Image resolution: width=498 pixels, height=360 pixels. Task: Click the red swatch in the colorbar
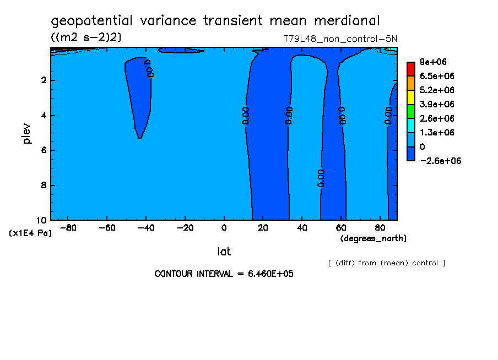click(410, 69)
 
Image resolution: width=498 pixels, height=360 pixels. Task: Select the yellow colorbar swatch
click(410, 97)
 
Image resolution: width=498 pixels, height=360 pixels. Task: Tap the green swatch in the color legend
click(410, 111)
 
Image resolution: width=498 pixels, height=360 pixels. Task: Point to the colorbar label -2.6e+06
click(440, 161)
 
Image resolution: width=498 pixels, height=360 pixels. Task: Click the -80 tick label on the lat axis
click(68, 228)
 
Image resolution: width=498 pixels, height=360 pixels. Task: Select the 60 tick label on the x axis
click(342, 228)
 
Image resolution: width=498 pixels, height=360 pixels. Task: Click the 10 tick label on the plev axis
click(42, 220)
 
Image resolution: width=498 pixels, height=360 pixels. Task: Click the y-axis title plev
click(27, 133)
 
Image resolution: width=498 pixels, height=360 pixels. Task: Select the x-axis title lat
click(224, 252)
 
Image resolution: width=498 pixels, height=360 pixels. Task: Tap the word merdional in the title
click(347, 21)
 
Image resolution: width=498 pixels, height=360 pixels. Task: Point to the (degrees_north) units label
click(373, 238)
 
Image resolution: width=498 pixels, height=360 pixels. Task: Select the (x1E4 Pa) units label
click(30, 233)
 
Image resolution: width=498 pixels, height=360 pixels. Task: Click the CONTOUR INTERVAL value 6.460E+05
click(267, 274)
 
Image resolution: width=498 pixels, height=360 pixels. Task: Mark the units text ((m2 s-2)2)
click(86, 37)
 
